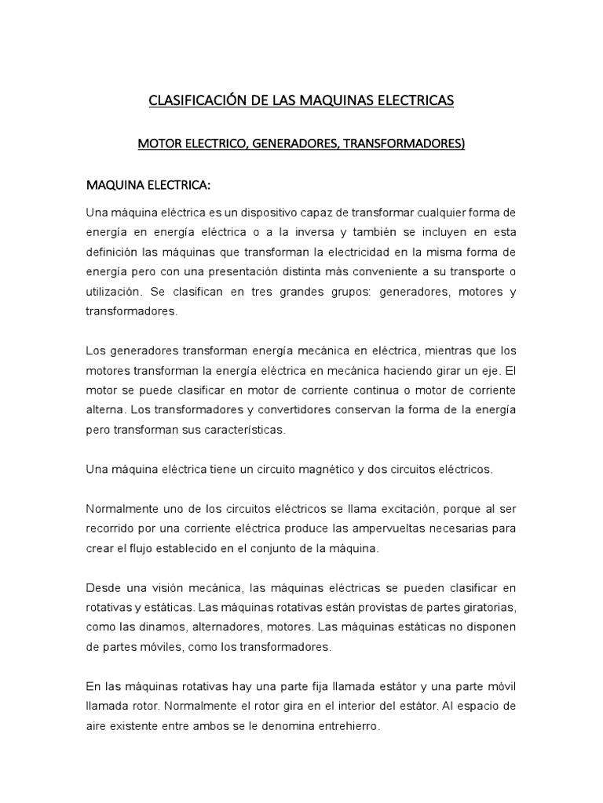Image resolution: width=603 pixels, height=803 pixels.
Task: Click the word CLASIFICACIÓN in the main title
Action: click(193, 101)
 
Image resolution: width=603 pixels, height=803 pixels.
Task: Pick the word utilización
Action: click(118, 291)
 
